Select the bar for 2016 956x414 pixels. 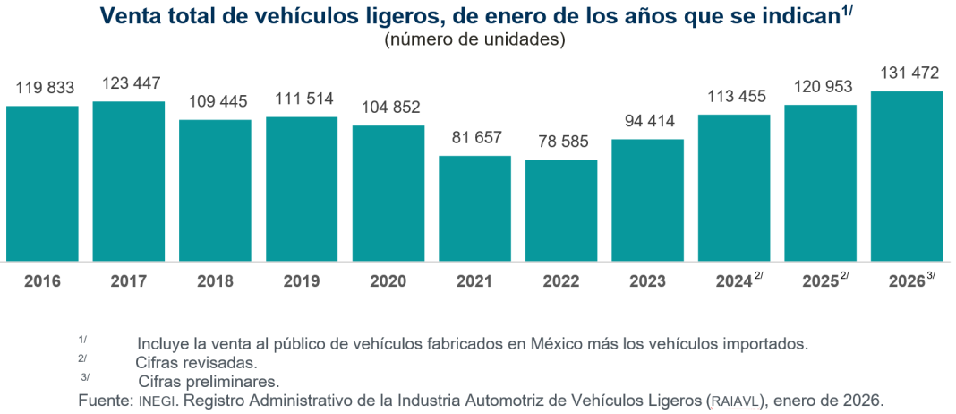42,184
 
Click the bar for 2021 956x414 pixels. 474,209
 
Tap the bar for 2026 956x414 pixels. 907,177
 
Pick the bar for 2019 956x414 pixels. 302,189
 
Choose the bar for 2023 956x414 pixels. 647,201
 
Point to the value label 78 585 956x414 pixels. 560,142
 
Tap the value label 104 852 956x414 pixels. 388,108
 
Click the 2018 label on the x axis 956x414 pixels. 215,281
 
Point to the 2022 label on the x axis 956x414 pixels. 560,281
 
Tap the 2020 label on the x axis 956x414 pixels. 388,281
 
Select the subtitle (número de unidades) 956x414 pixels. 475,39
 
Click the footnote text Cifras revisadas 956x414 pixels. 196,363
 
